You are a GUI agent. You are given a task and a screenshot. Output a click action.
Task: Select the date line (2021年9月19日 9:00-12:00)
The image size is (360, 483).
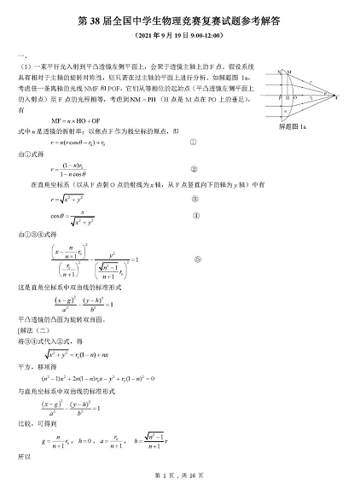point(179,38)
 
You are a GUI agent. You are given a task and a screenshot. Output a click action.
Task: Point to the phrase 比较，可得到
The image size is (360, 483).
point(36,421)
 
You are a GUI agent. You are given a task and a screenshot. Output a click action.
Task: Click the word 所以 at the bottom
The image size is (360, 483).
point(23,457)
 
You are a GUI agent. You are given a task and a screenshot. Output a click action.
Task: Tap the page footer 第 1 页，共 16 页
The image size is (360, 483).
point(179,474)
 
